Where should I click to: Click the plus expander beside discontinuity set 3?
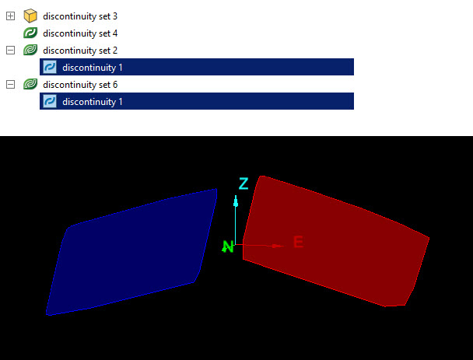[10, 16]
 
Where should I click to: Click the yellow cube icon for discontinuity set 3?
[30, 16]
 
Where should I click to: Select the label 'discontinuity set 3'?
[80, 16]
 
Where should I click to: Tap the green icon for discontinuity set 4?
[30, 33]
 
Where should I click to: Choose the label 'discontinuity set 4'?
[80, 33]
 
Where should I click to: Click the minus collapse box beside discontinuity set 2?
[10, 51]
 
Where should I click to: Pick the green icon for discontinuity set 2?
[30, 50]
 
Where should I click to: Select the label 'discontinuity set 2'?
[80, 51]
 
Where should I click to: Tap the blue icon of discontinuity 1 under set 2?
[50, 67]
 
